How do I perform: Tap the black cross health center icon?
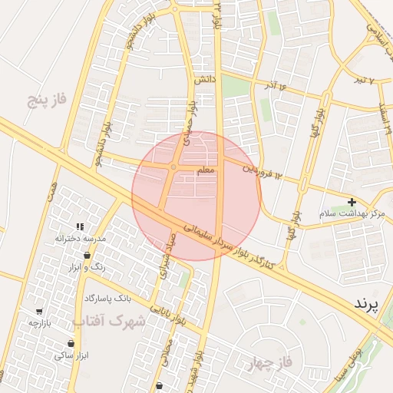pos(352,203)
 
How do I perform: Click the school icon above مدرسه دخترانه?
pos(80,226)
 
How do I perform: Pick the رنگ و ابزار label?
pos(88,267)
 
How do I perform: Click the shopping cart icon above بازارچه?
pos(38,312)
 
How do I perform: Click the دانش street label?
pos(203,79)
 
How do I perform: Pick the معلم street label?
pos(206,172)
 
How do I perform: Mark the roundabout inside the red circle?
pos(174,167)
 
